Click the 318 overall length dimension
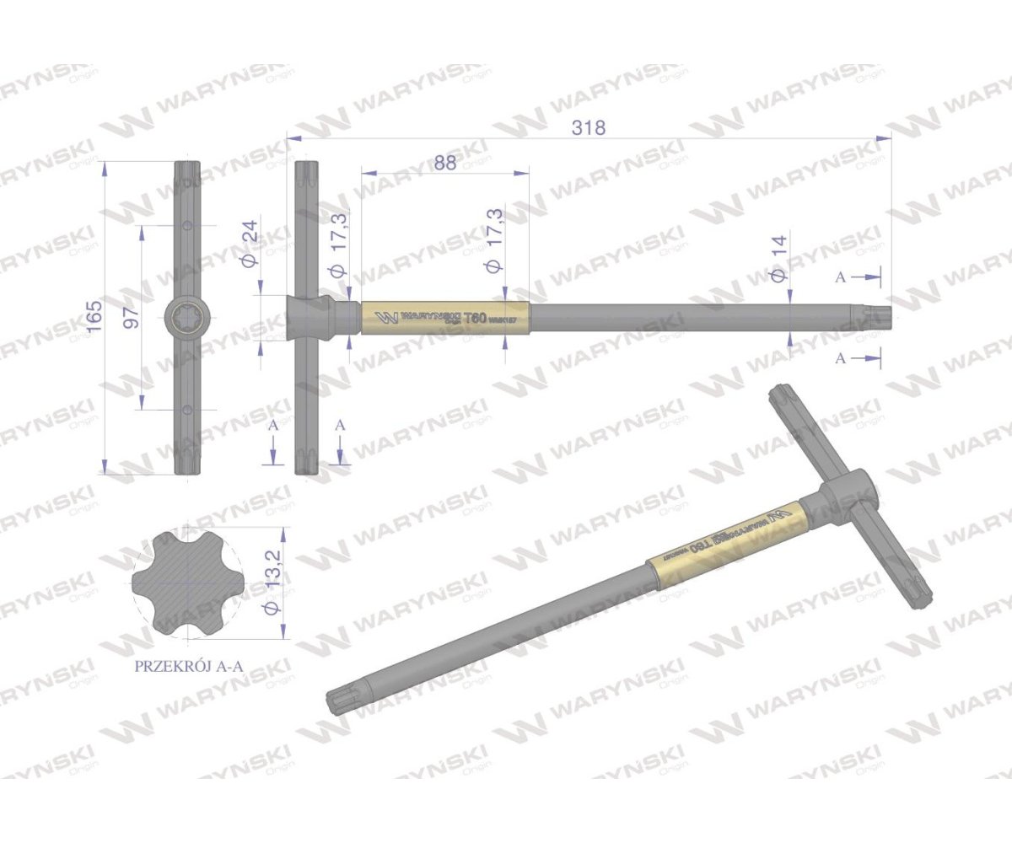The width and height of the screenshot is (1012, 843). [x=589, y=127]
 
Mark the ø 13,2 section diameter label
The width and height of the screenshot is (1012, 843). [x=272, y=584]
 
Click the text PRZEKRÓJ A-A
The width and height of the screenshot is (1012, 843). [x=189, y=665]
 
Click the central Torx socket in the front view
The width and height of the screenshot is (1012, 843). [x=187, y=319]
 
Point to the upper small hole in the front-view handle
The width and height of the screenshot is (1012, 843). [x=187, y=225]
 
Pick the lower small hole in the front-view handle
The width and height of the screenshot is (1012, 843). [x=187, y=410]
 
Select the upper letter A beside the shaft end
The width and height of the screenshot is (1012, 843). [x=840, y=277]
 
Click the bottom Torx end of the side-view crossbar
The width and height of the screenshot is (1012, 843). [x=305, y=464]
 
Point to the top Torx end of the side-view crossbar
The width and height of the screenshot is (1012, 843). [x=305, y=174]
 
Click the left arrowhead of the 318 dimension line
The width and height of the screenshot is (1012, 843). [x=293, y=137]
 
